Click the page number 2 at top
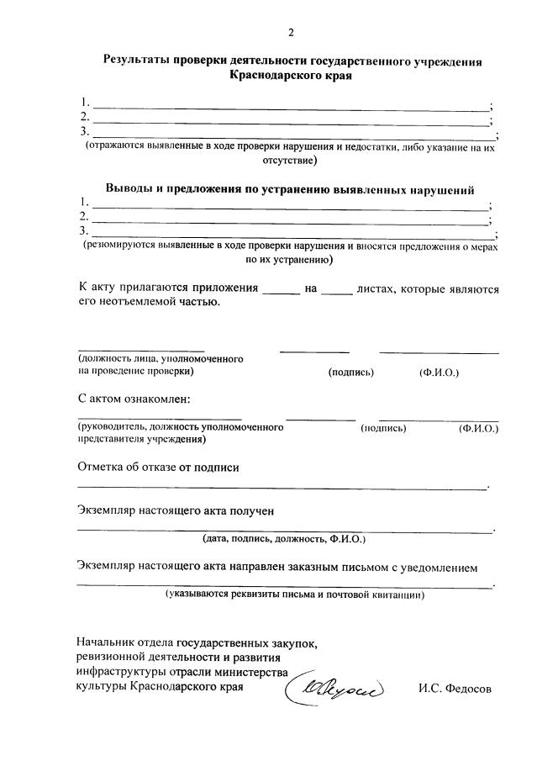tap(291, 33)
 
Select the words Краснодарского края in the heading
tap(290, 76)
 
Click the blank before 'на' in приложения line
tap(281, 289)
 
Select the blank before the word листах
tap(338, 289)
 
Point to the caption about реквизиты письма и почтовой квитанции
tap(294, 595)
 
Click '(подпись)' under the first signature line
tap(350, 371)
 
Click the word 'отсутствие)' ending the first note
tap(291, 159)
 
